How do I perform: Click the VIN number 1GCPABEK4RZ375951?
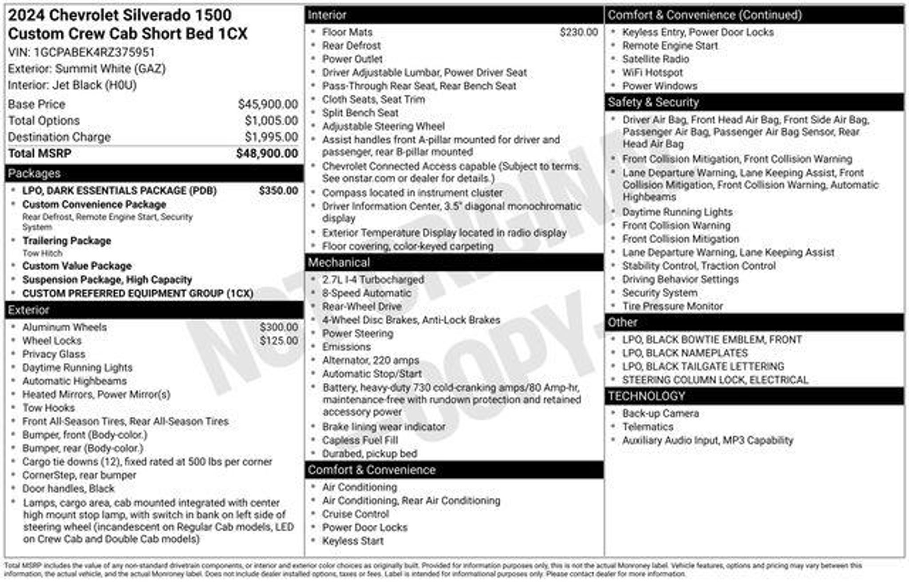(94, 52)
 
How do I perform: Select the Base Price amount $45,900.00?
(268, 104)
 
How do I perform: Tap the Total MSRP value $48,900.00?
(267, 153)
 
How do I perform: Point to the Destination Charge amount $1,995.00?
(271, 137)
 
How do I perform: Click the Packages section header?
(34, 173)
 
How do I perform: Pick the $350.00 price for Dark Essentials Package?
(278, 191)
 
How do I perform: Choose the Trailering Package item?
(67, 241)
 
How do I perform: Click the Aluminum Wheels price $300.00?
(279, 327)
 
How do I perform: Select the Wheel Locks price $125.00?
(279, 341)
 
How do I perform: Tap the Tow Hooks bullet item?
(48, 408)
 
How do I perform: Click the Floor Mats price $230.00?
(578, 32)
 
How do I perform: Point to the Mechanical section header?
(339, 263)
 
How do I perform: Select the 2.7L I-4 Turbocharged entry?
(373, 280)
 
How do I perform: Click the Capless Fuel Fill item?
(360, 440)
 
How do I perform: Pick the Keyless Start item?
(353, 541)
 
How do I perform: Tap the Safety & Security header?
(653, 102)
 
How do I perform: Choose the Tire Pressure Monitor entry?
(672, 306)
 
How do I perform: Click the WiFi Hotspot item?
(652, 72)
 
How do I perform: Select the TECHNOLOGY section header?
(646, 396)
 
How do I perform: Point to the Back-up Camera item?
(660, 413)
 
